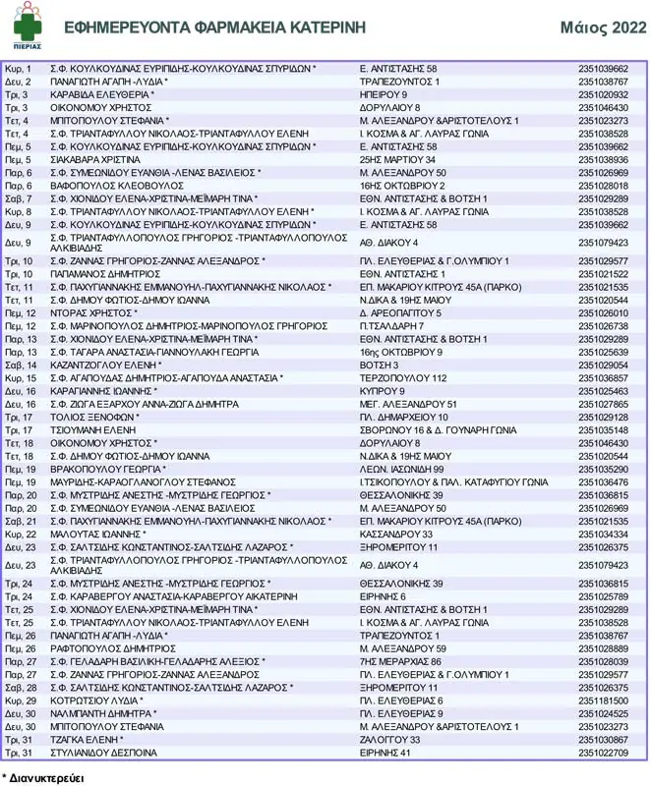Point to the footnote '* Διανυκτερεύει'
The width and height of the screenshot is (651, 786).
42,776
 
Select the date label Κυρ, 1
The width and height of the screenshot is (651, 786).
19,69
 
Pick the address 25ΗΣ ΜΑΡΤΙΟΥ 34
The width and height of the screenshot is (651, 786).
397,159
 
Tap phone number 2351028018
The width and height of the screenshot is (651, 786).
603,186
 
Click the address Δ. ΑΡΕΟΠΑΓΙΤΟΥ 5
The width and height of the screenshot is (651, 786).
400,312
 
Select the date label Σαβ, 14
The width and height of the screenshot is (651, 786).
21,365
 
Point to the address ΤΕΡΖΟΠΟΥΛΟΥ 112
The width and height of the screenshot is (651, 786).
403,377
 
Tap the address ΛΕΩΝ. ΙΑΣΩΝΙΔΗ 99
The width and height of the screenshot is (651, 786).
401,469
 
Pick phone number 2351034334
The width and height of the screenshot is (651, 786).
603,534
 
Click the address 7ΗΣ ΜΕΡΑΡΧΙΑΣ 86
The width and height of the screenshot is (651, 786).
400,662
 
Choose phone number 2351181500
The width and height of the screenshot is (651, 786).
603,701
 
